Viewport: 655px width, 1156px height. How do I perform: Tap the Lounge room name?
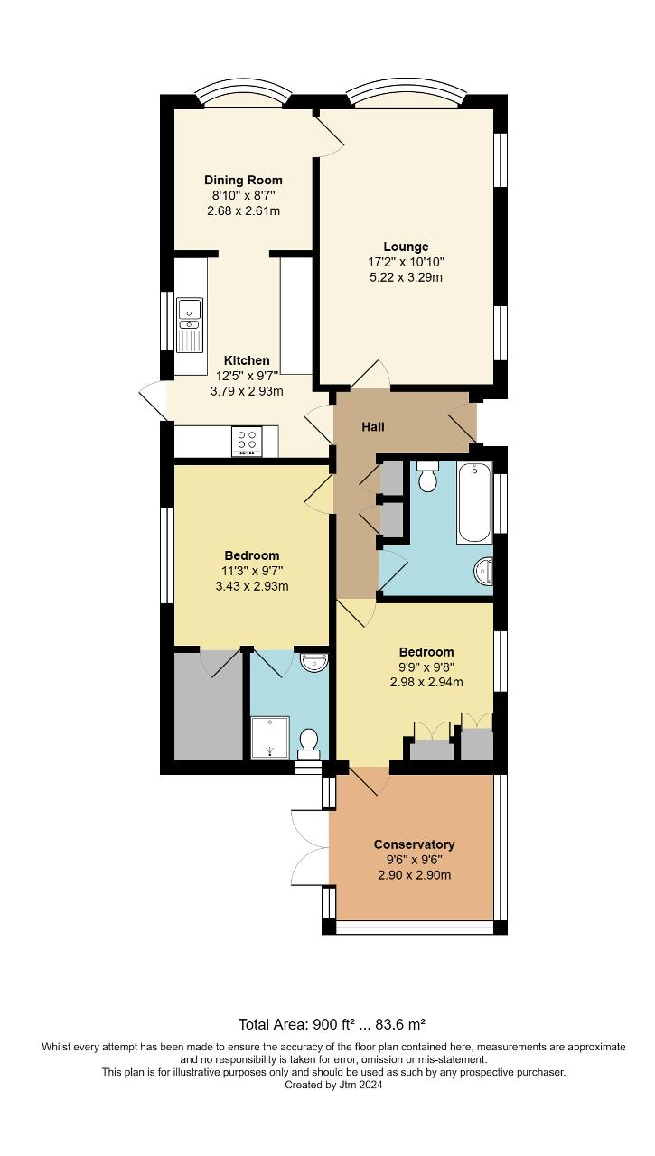pyautogui.click(x=406, y=247)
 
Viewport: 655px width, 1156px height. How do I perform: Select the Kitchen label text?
pyautogui.click(x=247, y=360)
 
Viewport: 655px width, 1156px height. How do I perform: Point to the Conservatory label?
pyautogui.click(x=414, y=844)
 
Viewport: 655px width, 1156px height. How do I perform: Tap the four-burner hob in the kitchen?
pyautogui.click(x=248, y=441)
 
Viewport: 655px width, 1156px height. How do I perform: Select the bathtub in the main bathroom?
pyautogui.click(x=474, y=502)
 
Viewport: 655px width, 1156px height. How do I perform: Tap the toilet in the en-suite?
pyautogui.click(x=309, y=741)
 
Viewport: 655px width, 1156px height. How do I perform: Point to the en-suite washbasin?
pyautogui.click(x=313, y=663)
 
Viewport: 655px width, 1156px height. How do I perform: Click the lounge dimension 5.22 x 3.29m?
pyautogui.click(x=406, y=277)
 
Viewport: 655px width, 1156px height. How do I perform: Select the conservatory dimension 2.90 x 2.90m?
pyautogui.click(x=414, y=875)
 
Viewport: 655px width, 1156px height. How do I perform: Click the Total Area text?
pyautogui.click(x=332, y=1024)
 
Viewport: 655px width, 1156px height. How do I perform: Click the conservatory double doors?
pyautogui.click(x=309, y=847)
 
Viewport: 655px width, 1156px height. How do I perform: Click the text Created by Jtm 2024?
pyautogui.click(x=333, y=1086)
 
